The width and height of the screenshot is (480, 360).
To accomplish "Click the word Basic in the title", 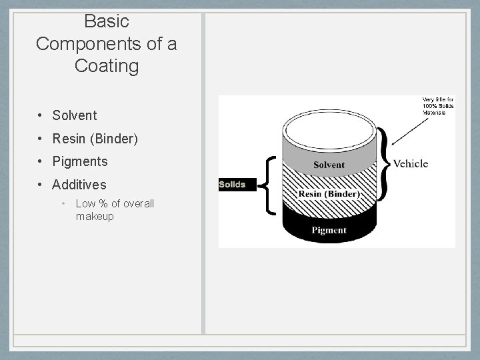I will (x=107, y=21).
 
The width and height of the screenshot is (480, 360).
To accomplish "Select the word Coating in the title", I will (x=107, y=66).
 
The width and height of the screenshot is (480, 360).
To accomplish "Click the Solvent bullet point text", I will (x=75, y=115).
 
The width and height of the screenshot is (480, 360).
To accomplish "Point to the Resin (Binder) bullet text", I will (x=95, y=139).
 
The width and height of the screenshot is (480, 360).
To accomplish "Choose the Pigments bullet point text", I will (x=79, y=161).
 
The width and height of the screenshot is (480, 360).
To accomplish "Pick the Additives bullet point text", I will (x=79, y=184).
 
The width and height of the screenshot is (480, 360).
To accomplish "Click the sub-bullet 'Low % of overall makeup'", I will (x=114, y=210).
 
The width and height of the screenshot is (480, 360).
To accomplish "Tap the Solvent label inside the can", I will (x=329, y=165).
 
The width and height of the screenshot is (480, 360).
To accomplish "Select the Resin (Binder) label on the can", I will (x=329, y=194).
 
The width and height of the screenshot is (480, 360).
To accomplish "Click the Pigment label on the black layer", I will (x=329, y=230).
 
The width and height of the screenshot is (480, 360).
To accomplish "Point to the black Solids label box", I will (x=232, y=185).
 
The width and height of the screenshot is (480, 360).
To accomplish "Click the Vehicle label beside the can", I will (x=411, y=163).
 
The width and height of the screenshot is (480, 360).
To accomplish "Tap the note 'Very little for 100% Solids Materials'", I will (x=437, y=106).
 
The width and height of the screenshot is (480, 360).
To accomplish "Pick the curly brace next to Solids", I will (x=269, y=185).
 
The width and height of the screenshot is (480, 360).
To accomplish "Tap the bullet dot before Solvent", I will (x=41, y=115).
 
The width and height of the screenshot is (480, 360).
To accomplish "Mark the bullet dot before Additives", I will (x=41, y=184).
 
